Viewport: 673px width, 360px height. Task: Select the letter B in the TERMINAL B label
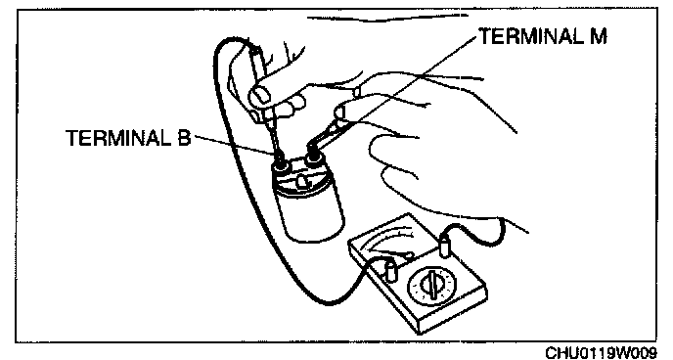coord(183,138)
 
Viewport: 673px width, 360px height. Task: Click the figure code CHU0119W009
coord(601,353)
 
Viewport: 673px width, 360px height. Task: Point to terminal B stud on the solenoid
coord(281,159)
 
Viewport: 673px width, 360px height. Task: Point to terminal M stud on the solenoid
coord(312,156)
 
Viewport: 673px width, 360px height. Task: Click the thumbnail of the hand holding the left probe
coord(258,94)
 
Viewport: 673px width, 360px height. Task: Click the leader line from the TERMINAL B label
coord(234,145)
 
